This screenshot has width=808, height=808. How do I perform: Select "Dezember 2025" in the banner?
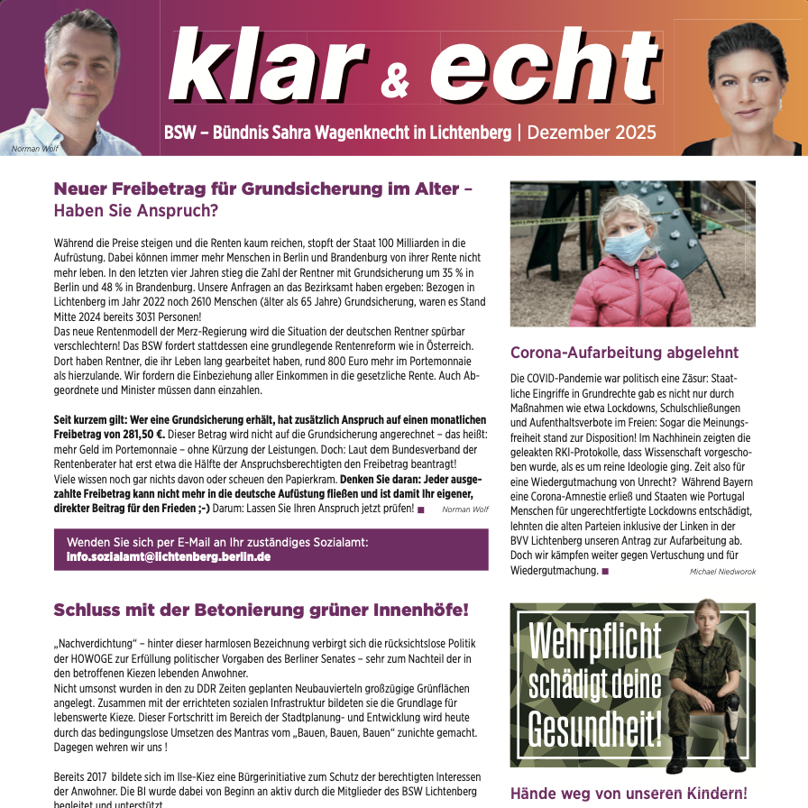click(592, 133)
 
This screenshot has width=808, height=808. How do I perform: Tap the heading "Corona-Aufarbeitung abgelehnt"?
click(624, 353)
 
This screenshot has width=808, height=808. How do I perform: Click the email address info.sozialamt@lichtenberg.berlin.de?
click(169, 556)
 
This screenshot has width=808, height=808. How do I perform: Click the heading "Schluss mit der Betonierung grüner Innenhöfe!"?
click(261, 610)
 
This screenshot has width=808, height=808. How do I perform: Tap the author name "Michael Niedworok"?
click(722, 572)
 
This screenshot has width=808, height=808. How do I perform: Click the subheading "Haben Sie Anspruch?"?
click(136, 211)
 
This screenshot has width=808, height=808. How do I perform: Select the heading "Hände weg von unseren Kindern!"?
click(629, 794)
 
